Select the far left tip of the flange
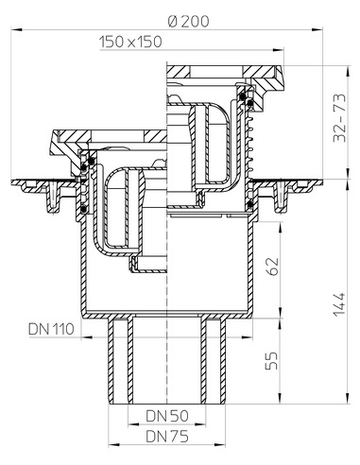pyautogui.click(x=10, y=182)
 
